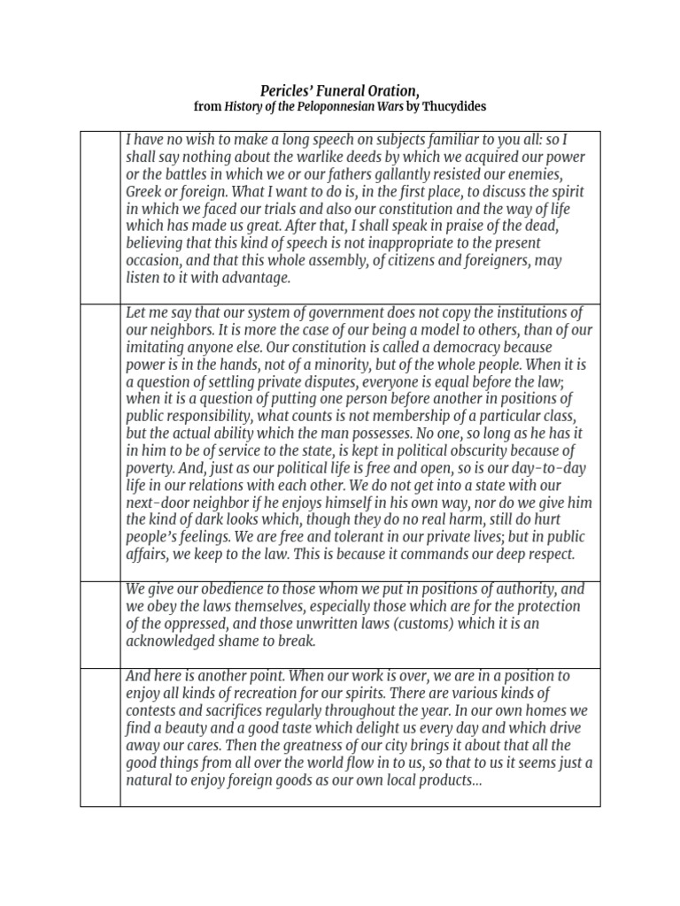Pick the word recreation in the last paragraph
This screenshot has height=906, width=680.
[x=282, y=693]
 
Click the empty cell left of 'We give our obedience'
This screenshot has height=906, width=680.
[x=100, y=624]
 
